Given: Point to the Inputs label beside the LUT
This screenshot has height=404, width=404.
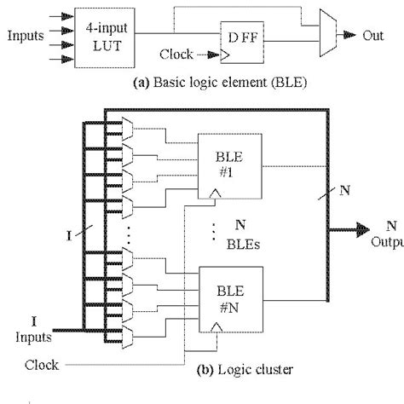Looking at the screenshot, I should click(x=26, y=36).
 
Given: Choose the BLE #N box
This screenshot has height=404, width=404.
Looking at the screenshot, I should click(x=228, y=295).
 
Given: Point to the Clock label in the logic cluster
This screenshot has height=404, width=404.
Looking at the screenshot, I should click(x=42, y=365).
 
